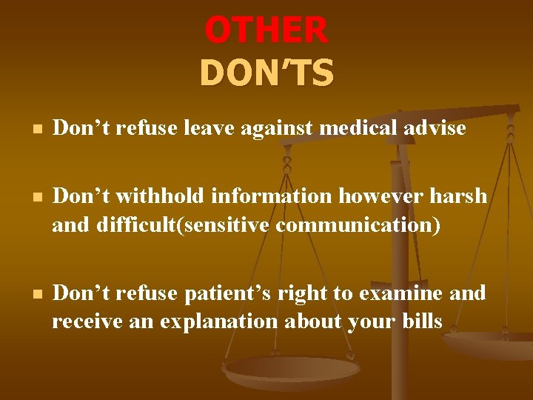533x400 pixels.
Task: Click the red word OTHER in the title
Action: coord(266,30)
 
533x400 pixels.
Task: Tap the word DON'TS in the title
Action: coord(266,73)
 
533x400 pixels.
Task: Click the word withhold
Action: coord(164,196)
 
